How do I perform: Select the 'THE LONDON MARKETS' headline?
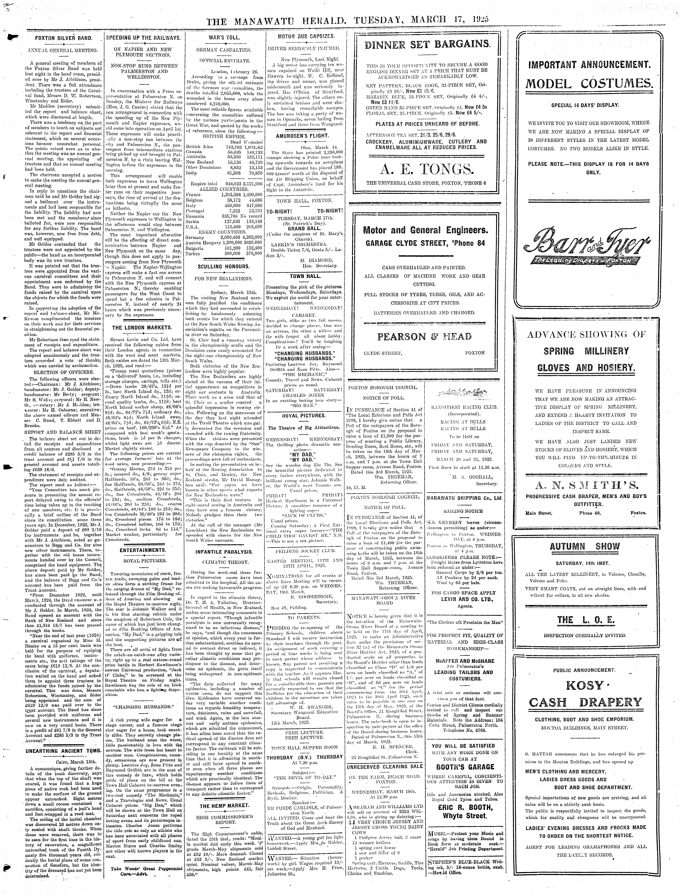[x=142, y=328]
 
